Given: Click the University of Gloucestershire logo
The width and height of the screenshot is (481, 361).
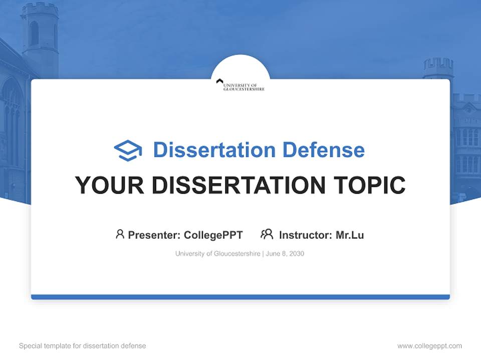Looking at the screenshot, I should coord(241,85).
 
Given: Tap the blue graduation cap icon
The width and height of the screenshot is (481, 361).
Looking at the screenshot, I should coord(128,150).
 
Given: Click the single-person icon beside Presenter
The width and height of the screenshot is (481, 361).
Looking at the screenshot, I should coord(120,234).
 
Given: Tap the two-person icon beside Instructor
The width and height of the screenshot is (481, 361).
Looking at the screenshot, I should coord(267,234).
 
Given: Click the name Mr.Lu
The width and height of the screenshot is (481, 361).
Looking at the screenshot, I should coord(350,235).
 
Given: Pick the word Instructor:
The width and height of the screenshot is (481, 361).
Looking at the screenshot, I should coord(305,235).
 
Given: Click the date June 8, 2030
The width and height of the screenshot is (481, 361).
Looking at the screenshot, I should coord(285,254).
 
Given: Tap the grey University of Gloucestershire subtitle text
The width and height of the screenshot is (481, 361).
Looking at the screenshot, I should coord(217,254).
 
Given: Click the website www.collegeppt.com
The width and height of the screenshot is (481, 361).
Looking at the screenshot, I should coord(429,346).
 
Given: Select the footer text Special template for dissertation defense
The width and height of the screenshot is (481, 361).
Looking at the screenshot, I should coord(82,346).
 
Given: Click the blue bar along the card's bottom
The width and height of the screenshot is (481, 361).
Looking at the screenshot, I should coord(241,297).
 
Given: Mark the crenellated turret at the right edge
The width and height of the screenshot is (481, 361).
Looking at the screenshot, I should coord(438,68).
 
